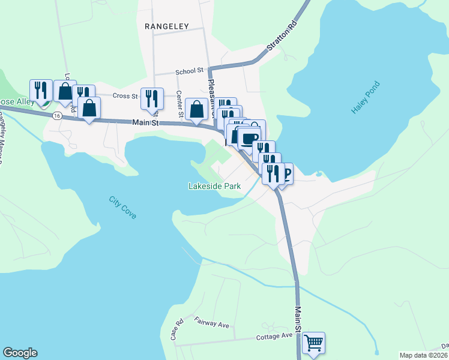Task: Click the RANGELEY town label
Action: (167, 26)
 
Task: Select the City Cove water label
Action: (123, 208)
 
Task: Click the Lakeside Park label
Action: (214, 187)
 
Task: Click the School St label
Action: (190, 71)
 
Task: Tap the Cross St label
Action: (125, 95)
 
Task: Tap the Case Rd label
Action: (176, 331)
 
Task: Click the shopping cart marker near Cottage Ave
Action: (313, 344)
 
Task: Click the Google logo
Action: (20, 353)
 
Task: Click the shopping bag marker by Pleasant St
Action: (197, 109)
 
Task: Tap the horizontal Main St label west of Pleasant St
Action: (145, 123)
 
